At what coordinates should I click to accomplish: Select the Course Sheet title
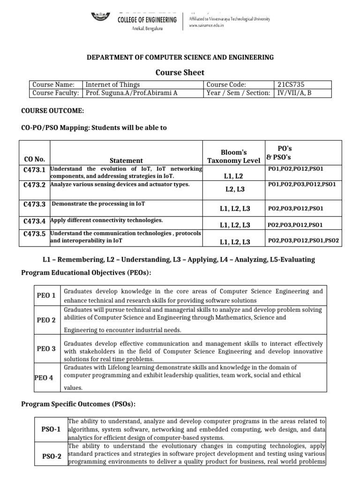[180, 72]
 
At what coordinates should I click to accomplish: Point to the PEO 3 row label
[46, 349]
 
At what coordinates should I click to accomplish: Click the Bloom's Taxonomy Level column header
[233, 156]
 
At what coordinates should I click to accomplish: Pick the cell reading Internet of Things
[112, 84]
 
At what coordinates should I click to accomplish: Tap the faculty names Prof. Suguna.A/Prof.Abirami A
[131, 93]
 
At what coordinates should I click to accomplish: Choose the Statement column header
[126, 160]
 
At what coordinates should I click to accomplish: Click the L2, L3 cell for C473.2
[234, 189]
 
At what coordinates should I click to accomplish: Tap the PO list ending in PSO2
[303, 241]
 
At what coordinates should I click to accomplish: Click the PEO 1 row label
[46, 295]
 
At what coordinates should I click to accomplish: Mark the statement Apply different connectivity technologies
[107, 220]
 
